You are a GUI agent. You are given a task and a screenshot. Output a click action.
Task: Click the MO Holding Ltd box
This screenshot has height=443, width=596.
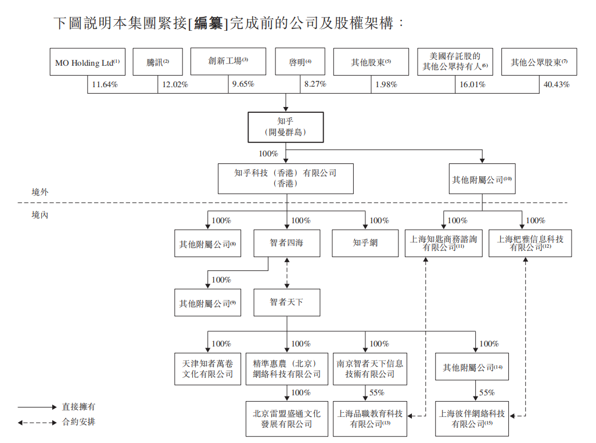coord(87,62)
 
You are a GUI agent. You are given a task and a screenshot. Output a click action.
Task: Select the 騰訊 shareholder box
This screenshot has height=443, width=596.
coord(157,62)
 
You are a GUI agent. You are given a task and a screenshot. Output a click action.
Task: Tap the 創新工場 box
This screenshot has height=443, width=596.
coord(228,60)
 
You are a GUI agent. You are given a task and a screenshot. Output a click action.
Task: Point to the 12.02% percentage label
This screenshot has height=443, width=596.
coord(175,84)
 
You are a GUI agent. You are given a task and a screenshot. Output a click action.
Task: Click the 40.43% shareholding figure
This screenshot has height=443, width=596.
coord(556,84)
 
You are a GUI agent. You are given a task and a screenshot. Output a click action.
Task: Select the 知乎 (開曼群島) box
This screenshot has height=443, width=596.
coord(286,127)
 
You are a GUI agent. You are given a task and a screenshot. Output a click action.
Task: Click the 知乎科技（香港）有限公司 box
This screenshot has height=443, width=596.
coord(285,178)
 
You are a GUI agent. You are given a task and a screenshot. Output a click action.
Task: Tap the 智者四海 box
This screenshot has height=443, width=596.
coord(286,243)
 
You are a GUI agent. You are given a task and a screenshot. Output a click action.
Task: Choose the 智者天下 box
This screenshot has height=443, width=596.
coord(286,302)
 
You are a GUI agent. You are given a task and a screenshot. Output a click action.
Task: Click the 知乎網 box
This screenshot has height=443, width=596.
coord(365,243)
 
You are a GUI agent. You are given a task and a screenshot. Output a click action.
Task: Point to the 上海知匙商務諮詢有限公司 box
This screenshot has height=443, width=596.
coord(443,243)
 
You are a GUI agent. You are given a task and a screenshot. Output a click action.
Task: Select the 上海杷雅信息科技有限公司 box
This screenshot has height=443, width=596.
coord(530,243)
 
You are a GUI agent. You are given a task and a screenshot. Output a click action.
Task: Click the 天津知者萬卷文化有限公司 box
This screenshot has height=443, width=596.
coord(207,369)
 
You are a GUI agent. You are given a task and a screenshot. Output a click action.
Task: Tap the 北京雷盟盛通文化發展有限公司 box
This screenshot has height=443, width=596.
coord(286,419)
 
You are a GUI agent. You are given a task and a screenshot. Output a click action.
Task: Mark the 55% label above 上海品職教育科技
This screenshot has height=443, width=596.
coord(377,392)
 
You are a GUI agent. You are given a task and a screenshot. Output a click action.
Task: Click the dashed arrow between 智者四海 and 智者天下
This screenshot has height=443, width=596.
coord(286,273)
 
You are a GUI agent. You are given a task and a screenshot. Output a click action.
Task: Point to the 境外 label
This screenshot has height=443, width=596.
coord(40,192)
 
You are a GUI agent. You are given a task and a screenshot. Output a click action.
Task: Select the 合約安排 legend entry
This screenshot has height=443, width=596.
coord(78,422)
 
